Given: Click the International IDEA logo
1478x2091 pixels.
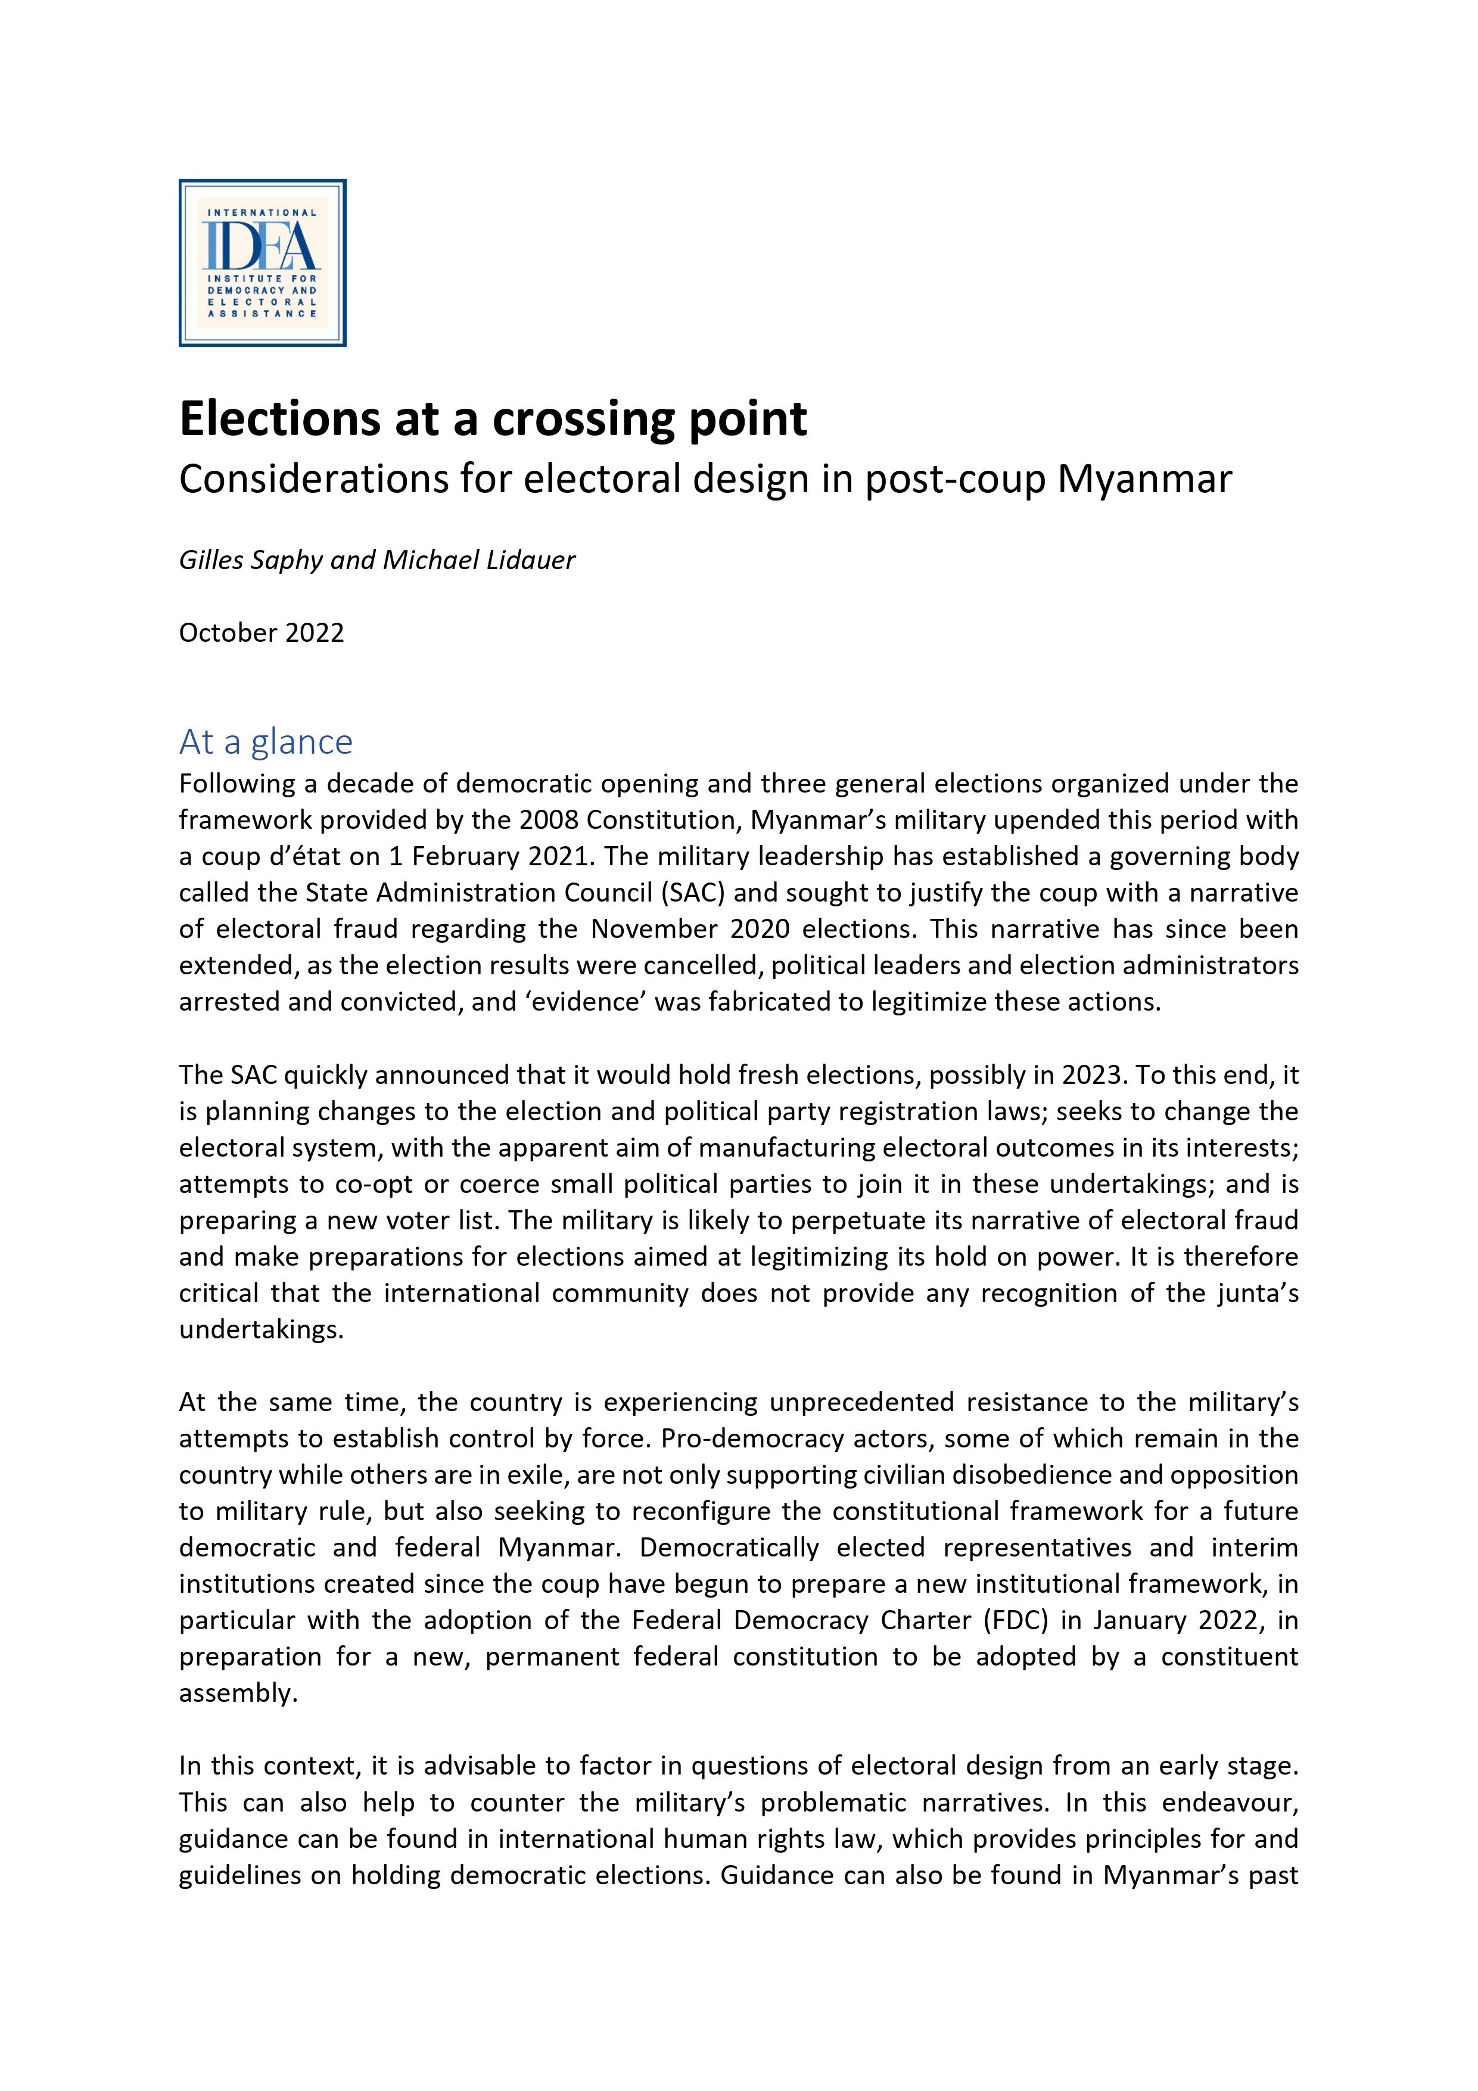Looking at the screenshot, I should click(262, 262).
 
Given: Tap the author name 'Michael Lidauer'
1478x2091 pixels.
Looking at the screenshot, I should click(479, 560).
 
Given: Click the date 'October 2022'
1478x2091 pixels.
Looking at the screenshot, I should click(262, 633).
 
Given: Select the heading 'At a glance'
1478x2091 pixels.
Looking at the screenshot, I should click(265, 742).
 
